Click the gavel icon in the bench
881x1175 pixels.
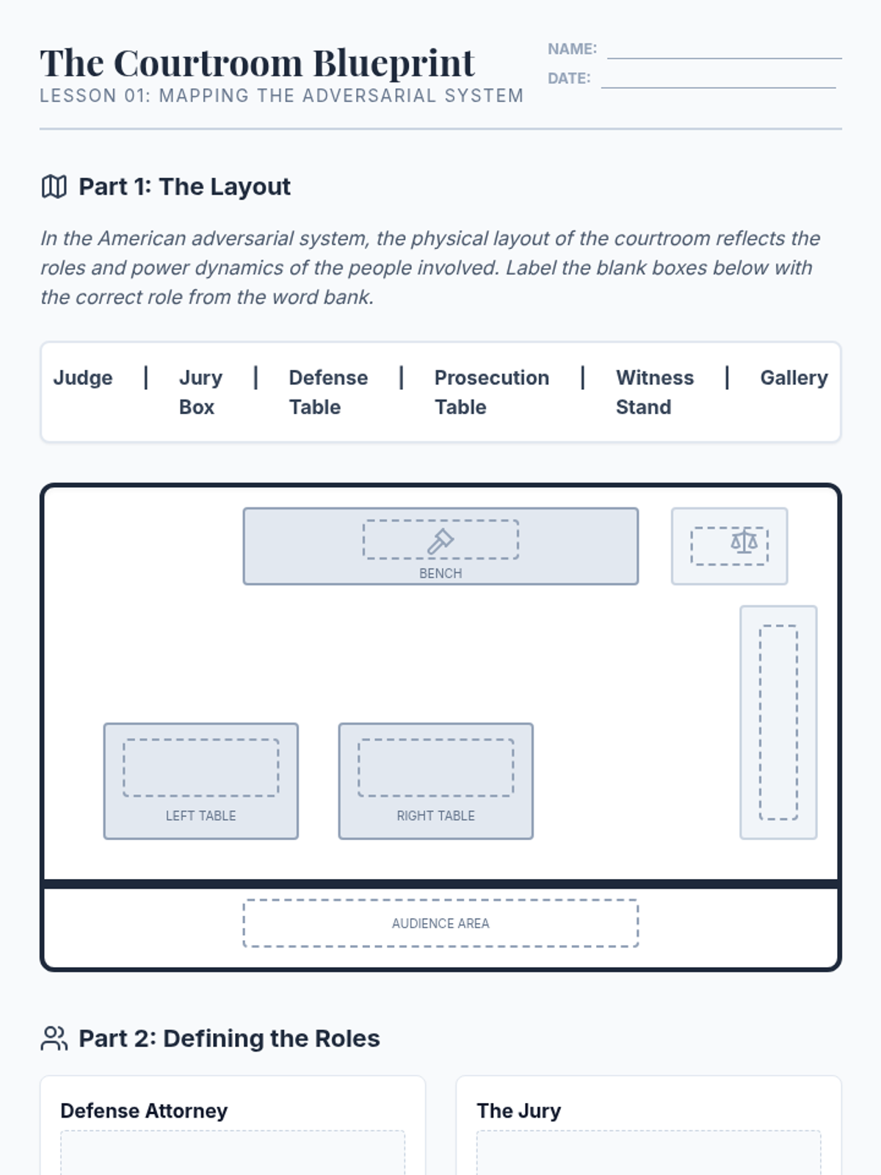440,540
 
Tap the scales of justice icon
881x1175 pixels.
744,540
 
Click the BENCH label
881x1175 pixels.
440,574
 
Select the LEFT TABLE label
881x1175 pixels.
200,815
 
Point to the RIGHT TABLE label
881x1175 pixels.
435,815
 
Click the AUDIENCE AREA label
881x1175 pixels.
440,923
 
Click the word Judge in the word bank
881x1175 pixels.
83,378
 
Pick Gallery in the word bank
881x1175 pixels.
794,378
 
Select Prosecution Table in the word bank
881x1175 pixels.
492,392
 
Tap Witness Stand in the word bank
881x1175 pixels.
655,392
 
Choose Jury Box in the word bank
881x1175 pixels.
200,392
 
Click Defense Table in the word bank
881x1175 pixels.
328,392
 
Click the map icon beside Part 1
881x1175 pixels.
54,187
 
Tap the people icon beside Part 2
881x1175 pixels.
54,1038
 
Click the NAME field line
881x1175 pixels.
725,58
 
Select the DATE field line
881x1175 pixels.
719,87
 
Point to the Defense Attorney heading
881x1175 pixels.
144,1111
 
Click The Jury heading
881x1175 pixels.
519,1111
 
